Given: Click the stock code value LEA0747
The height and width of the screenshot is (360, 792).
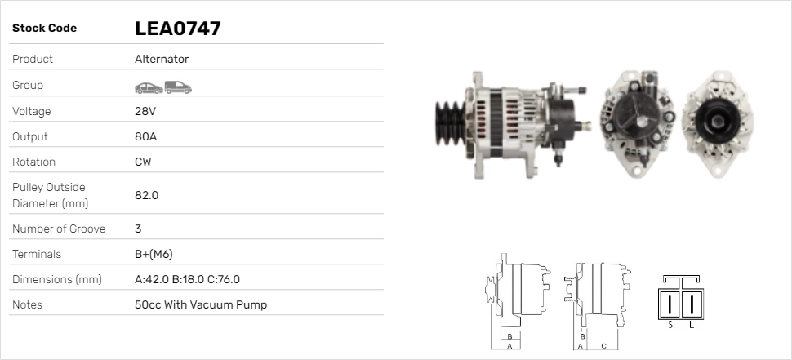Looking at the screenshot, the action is pyautogui.click(x=178, y=29).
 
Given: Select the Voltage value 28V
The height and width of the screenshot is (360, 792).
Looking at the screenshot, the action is pyautogui.click(x=145, y=111).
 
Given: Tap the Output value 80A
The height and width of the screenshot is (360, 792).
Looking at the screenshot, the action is pyautogui.click(x=146, y=136).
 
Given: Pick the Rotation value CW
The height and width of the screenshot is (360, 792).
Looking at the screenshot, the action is pyautogui.click(x=143, y=162).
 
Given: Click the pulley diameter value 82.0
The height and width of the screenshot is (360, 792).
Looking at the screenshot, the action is pyautogui.click(x=146, y=195).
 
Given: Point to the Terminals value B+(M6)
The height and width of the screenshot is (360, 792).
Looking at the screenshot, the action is pyautogui.click(x=154, y=254).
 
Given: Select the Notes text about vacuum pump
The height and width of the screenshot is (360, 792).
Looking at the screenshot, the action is pyautogui.click(x=201, y=304).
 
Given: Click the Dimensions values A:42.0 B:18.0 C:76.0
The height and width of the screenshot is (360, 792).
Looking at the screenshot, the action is pyautogui.click(x=188, y=279).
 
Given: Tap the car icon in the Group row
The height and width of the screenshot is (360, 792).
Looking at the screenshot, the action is pyautogui.click(x=149, y=88).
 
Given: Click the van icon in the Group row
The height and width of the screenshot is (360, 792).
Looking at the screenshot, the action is pyautogui.click(x=178, y=87).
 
